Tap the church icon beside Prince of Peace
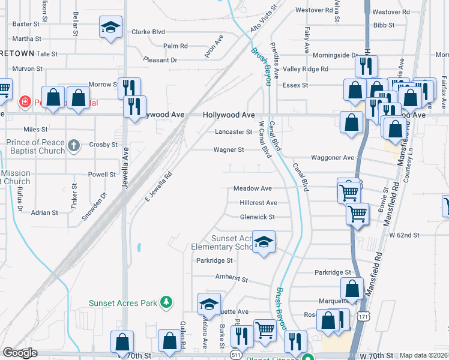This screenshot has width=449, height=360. (x=73, y=145)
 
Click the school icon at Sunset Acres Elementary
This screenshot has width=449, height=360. (x=264, y=242)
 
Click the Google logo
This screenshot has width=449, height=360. (x=20, y=353)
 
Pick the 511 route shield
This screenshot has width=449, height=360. (x=235, y=356)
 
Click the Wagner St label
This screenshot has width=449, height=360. (x=229, y=150)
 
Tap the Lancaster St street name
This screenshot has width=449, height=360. (x=233, y=132)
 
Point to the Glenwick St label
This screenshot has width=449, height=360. (x=257, y=217)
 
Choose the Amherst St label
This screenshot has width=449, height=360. (x=231, y=279)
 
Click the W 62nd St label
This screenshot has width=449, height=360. (x=404, y=235)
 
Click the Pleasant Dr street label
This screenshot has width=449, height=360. (x=160, y=60)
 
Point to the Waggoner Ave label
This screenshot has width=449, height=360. (x=332, y=158)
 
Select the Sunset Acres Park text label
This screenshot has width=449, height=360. (x=123, y=303)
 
